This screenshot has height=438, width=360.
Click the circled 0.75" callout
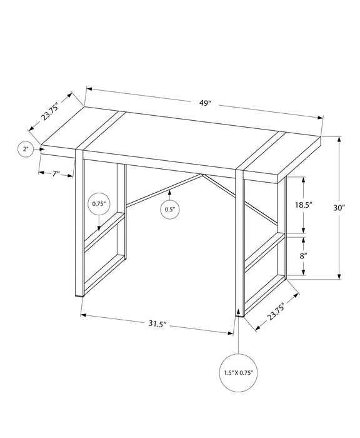[99, 204]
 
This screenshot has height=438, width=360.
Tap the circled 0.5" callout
[169, 210]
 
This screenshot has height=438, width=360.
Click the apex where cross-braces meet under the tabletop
[201, 175]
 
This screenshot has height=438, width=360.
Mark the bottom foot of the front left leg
[79, 294]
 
